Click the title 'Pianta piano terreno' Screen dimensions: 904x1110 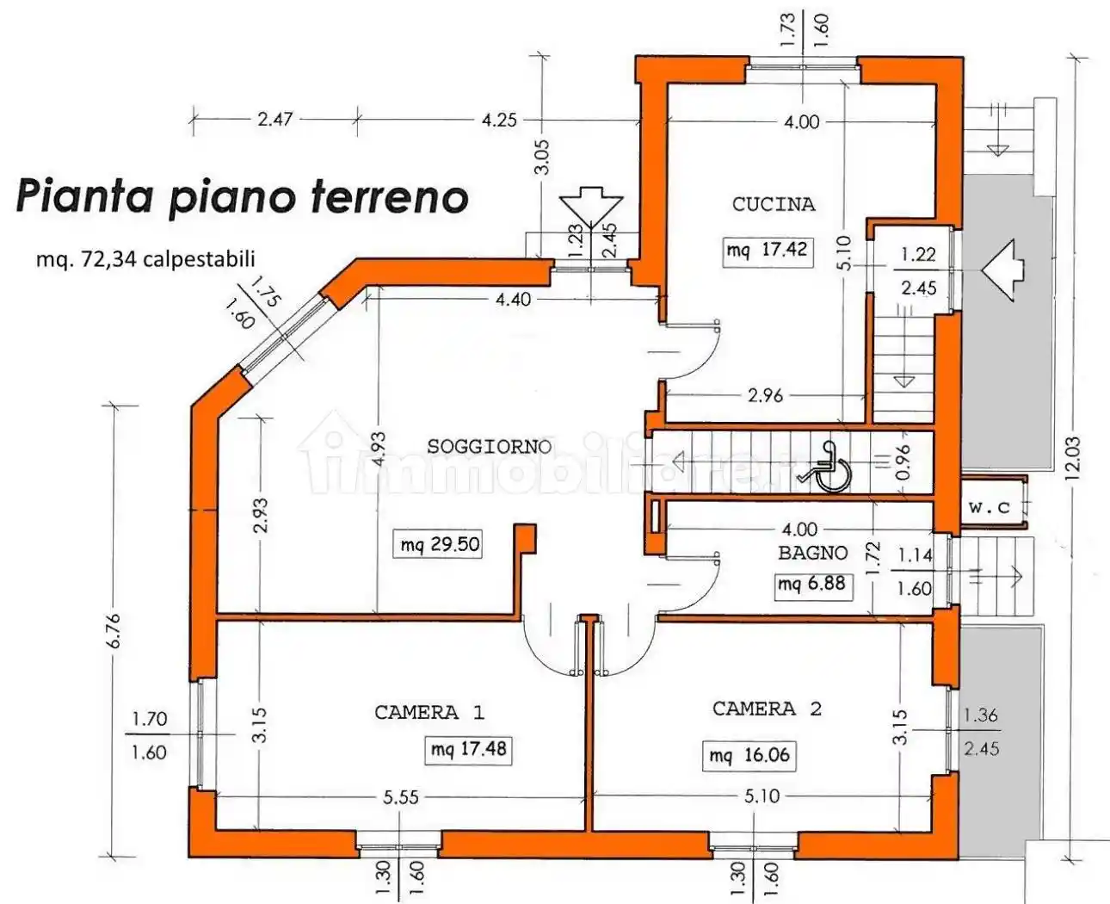point(242,195)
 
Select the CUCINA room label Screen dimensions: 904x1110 point(773,204)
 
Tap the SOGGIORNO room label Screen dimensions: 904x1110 point(489,446)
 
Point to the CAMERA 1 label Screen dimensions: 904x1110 point(429,712)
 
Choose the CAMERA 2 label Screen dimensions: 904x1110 point(766,709)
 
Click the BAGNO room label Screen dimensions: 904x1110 point(812,553)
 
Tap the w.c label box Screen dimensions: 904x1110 point(990,508)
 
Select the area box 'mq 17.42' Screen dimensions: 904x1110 point(767,251)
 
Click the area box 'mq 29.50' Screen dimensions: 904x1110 point(440,545)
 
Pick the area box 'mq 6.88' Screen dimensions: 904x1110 point(811,584)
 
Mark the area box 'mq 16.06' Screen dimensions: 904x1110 point(749,755)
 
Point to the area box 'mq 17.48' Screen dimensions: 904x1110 point(468,749)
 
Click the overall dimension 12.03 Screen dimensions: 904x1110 point(1073,456)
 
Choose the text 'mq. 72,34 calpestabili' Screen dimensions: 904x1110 point(145,258)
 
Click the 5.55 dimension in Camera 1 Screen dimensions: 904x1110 point(401,797)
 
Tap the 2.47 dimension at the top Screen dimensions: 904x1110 point(274,119)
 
